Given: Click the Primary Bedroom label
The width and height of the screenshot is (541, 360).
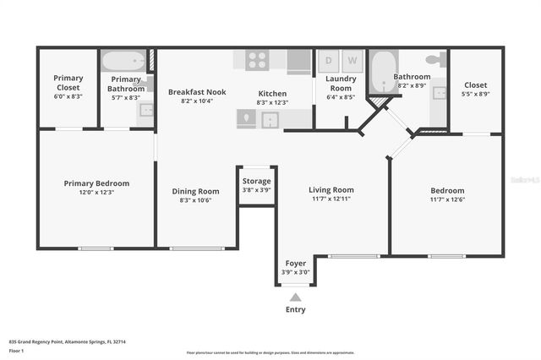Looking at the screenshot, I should (x=96, y=183).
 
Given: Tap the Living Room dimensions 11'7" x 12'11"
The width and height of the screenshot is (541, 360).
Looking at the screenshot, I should (x=331, y=200).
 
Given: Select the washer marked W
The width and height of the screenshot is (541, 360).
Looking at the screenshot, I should (x=352, y=62).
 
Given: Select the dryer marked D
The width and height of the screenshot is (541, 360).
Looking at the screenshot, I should (x=328, y=62).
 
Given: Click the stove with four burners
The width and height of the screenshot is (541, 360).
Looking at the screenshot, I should (x=257, y=61).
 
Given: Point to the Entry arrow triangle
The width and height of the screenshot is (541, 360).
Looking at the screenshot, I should (x=295, y=297).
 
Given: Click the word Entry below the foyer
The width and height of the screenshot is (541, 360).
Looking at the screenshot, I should (x=295, y=309).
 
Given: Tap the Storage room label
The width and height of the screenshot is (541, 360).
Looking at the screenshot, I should (x=256, y=181).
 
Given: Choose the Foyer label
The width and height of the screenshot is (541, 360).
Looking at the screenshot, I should (x=296, y=263).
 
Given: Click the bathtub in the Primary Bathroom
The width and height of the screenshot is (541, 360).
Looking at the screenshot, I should (x=123, y=62).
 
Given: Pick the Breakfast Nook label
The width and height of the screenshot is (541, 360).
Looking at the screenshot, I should (x=196, y=91).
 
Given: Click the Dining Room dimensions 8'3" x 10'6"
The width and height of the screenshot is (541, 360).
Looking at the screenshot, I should (x=196, y=200).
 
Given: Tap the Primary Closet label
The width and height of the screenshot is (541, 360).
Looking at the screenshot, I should (x=68, y=82).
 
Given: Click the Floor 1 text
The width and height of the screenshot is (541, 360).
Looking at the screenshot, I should (x=16, y=350).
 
